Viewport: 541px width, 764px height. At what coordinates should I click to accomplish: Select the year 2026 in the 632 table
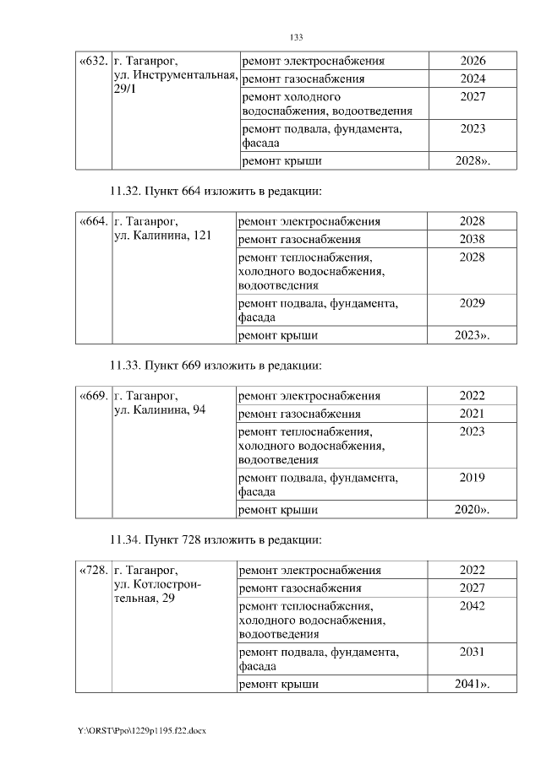click(473, 61)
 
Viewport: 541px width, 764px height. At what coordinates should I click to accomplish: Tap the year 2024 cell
click(473, 79)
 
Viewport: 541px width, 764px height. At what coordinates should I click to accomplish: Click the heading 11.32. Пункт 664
click(216, 190)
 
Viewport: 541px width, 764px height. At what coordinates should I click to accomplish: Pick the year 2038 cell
click(472, 239)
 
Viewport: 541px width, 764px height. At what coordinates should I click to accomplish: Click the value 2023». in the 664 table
click(472, 335)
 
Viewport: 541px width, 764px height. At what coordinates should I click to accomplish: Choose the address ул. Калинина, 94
click(158, 410)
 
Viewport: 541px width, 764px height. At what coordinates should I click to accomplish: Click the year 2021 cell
click(472, 414)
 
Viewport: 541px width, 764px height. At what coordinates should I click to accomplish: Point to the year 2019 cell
click(472, 477)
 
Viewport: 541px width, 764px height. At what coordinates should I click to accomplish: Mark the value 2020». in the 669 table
click(472, 510)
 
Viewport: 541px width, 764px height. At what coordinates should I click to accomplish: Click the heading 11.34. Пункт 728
click(216, 539)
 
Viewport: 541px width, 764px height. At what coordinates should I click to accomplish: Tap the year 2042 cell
click(472, 605)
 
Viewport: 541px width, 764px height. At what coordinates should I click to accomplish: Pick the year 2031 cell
click(472, 652)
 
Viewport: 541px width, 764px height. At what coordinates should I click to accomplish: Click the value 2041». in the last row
click(472, 684)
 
